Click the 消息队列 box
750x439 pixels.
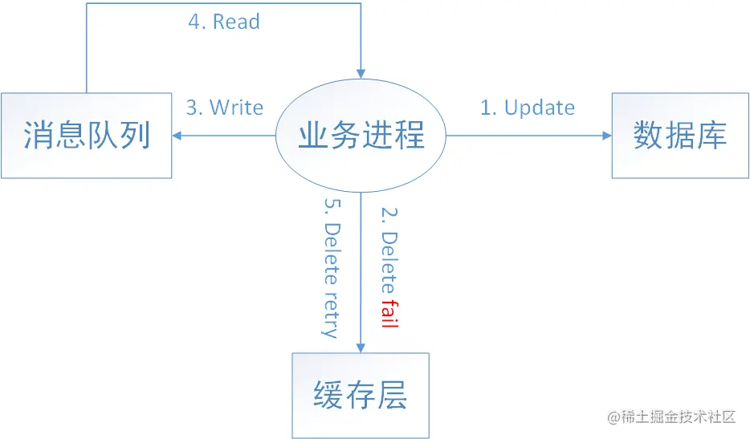click(86, 135)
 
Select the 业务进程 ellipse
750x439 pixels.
click(361, 136)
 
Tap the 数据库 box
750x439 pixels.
click(679, 135)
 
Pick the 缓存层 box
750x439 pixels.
click(361, 395)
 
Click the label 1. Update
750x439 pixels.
click(528, 108)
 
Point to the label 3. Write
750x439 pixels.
click(225, 108)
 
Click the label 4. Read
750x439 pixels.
click(224, 22)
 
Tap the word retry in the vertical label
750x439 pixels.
click(328, 315)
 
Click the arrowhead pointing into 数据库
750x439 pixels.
click(606, 136)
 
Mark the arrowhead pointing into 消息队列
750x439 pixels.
click(177, 136)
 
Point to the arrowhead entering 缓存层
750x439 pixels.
click(361, 347)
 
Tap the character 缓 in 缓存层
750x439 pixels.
click(328, 395)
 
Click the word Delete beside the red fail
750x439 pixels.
click(389, 262)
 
